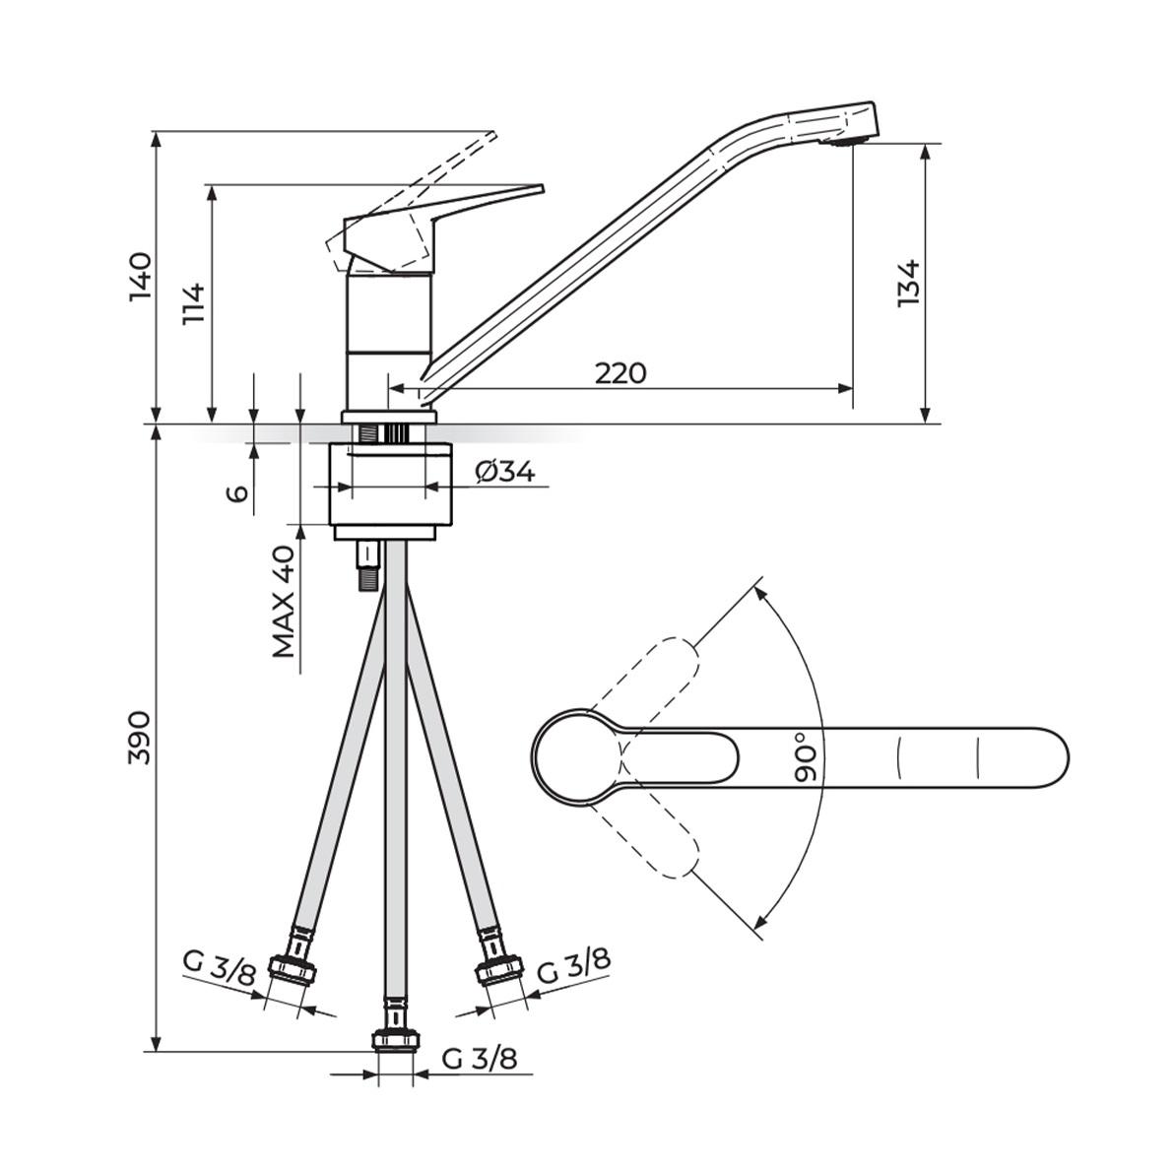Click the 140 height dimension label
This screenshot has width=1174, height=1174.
[141, 277]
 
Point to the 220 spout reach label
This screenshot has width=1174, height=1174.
[620, 373]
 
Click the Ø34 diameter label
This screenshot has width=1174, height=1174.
[504, 473]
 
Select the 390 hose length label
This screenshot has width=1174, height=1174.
[141, 737]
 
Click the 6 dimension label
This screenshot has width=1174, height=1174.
[237, 492]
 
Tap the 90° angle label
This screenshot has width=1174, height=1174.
[807, 756]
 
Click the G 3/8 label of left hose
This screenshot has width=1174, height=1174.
[219, 967]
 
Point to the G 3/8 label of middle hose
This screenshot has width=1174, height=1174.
[479, 1059]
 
